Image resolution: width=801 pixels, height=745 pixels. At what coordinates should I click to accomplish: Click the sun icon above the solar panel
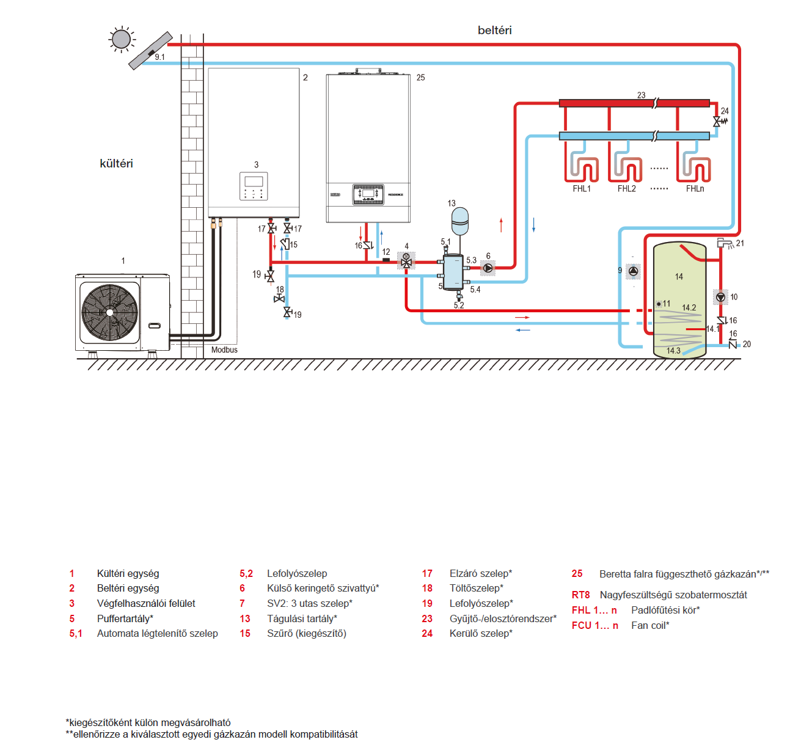coord(122,40)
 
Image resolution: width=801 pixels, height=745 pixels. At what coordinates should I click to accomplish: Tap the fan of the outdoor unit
coord(109,312)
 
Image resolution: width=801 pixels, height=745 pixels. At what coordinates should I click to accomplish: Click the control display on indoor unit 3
coord(254,186)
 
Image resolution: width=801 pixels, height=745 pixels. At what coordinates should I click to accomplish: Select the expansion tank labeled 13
coord(460,221)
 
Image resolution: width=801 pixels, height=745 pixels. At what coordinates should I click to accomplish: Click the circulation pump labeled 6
coord(488,268)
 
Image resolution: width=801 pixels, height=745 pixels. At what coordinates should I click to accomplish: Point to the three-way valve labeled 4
coord(406,261)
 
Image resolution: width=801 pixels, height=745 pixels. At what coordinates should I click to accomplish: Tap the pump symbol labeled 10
coord(720,298)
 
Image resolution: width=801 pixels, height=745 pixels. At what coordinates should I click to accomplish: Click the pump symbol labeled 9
coord(633,271)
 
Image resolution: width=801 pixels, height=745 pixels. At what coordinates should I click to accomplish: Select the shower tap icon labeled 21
coord(725,243)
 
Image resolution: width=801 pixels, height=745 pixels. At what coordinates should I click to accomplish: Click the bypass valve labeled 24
coord(720,121)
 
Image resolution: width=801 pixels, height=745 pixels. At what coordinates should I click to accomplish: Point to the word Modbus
coord(224,350)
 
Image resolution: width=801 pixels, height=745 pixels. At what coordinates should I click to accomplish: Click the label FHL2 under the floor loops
coord(626,188)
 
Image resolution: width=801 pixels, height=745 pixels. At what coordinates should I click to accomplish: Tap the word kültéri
coord(116,163)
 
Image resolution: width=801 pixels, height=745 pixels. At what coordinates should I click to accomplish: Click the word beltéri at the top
coord(494,31)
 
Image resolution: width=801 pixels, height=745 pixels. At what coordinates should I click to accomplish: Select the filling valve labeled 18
coord(279,299)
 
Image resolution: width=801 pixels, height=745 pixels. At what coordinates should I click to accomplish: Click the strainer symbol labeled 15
coord(285,244)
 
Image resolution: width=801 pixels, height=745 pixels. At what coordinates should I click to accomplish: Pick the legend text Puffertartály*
coord(125,618)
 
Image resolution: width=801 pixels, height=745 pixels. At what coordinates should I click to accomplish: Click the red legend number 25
coord(577,573)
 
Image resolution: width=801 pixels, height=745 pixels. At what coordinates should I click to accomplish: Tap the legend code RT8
coord(581,595)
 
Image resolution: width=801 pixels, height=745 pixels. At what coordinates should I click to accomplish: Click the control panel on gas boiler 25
coord(368,194)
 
